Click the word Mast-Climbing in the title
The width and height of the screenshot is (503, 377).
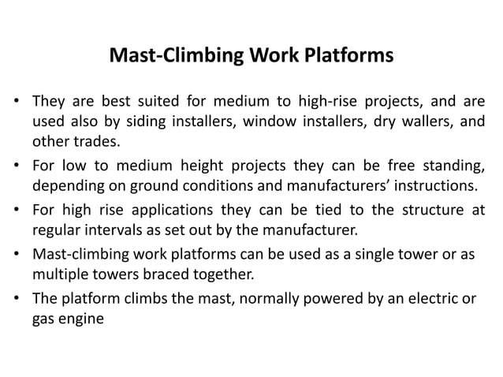click(x=158, y=57)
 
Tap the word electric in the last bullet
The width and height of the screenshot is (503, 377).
click(x=425, y=300)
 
